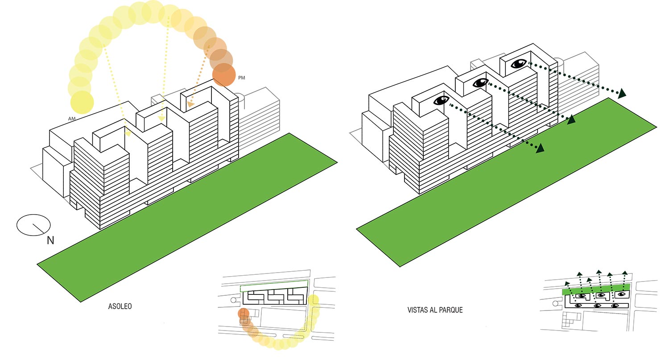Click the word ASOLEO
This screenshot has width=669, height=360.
pyautogui.click(x=120, y=307)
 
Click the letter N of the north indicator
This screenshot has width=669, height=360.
pyautogui.click(x=50, y=241)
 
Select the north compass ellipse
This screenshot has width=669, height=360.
pyautogui.click(x=33, y=225)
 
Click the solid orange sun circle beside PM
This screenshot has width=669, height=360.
pyautogui.click(x=223, y=74)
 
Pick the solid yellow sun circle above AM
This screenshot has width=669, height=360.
pyautogui.click(x=82, y=102)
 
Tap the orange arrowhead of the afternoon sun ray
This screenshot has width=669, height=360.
pyautogui.click(x=190, y=104)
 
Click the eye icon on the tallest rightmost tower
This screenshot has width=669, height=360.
pyautogui.click(x=518, y=64)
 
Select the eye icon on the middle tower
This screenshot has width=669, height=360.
pyautogui.click(x=480, y=83)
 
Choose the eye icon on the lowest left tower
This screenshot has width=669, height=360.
pyautogui.click(x=441, y=101)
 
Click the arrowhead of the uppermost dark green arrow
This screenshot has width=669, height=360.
pyautogui.click(x=621, y=94)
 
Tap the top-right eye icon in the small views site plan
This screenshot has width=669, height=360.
pyautogui.click(x=621, y=294)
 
